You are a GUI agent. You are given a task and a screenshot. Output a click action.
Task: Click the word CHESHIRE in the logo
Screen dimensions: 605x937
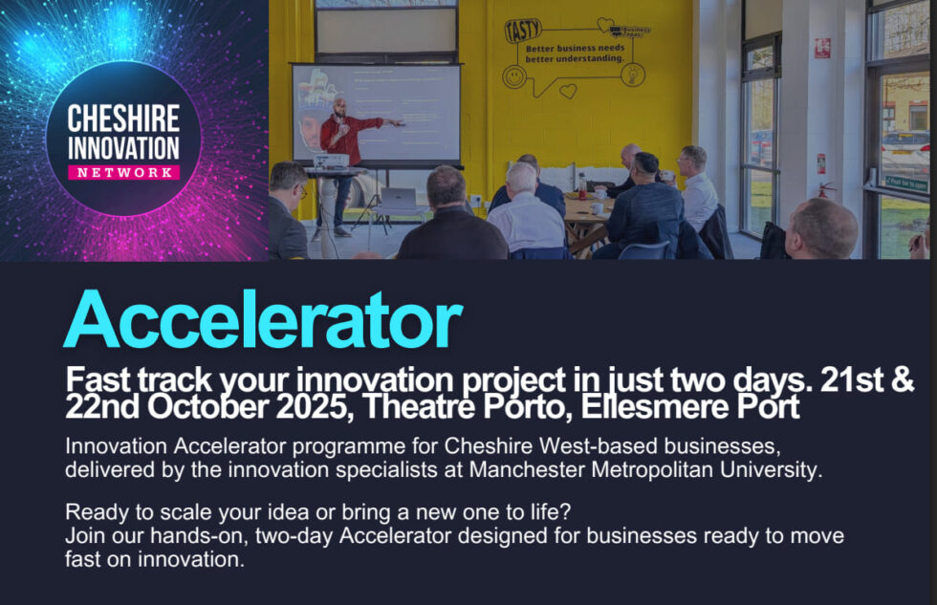coord(123,119)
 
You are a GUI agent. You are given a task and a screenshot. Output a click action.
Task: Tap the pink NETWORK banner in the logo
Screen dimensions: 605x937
coord(123,172)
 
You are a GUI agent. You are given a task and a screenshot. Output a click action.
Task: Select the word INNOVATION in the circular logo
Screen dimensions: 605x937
coord(123,146)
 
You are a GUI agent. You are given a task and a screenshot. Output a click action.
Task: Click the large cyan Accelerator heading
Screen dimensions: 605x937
coord(263,319)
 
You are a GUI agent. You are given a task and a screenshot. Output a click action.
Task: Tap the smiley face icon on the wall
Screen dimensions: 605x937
coord(514,77)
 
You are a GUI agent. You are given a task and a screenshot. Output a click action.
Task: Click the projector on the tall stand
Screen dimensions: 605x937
coord(331,161)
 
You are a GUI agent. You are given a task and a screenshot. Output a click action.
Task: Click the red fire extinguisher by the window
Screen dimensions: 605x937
coord(824,192)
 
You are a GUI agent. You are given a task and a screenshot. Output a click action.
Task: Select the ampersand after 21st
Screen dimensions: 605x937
coord(903,379)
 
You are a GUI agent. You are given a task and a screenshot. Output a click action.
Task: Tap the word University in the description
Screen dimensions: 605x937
coord(756,469)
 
